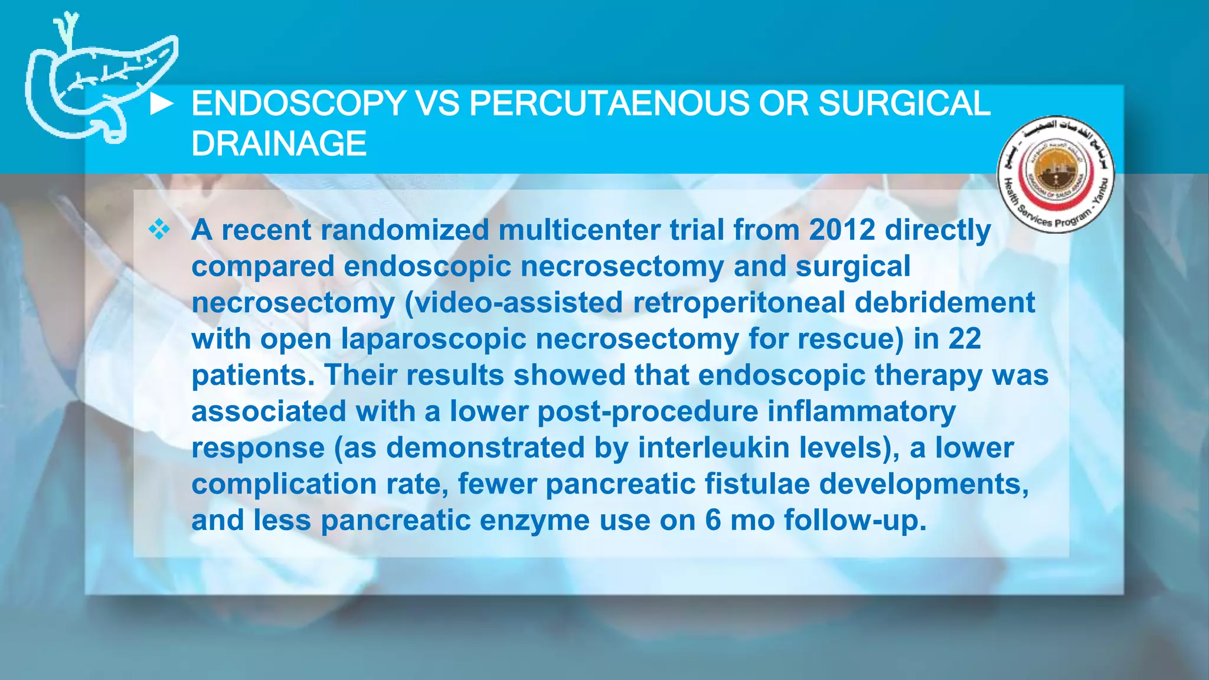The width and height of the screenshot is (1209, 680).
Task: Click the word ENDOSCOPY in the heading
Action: coord(298,103)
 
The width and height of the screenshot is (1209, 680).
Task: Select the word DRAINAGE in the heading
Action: coord(279,143)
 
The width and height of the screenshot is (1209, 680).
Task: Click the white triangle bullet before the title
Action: coord(161,104)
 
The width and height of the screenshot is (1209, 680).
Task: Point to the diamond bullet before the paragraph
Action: coord(159,229)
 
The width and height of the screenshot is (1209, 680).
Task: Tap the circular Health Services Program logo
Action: coord(1056,174)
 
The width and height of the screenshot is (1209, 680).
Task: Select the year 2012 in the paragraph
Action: coord(842,230)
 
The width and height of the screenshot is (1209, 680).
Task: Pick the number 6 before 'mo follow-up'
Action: coord(713,521)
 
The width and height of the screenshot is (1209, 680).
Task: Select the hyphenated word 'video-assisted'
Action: coord(514,302)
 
